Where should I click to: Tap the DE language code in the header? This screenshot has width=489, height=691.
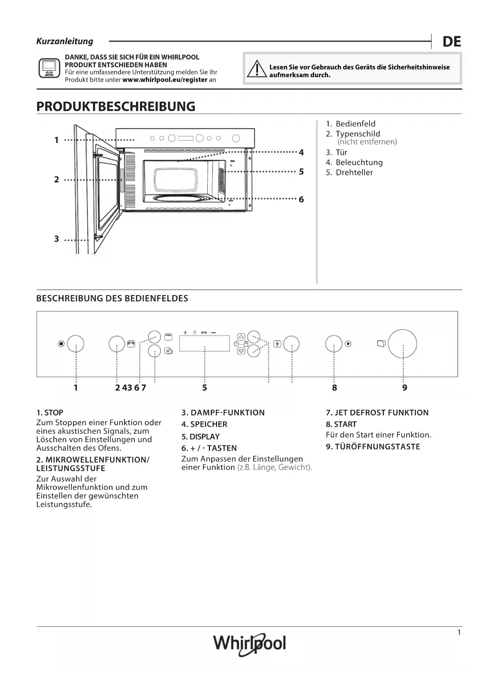pyautogui.click(x=452, y=41)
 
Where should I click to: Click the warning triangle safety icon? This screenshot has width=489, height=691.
pyautogui.click(x=257, y=69)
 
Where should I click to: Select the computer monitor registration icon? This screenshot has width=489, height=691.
pyautogui.click(x=49, y=68)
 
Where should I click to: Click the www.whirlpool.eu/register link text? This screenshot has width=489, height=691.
pyautogui.click(x=165, y=80)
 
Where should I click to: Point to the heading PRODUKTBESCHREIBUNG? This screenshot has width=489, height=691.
pyautogui.click(x=116, y=106)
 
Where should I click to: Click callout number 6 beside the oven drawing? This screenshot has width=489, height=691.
pyautogui.click(x=301, y=199)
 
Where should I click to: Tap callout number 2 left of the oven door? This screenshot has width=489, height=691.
pyautogui.click(x=56, y=180)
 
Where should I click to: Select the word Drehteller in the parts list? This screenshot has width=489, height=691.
pyautogui.click(x=354, y=172)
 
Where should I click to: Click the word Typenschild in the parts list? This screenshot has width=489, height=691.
pyautogui.click(x=358, y=134)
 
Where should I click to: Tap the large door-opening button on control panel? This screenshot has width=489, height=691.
pyautogui.click(x=402, y=344)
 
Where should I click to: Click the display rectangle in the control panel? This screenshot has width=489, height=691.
pyautogui.click(x=205, y=343)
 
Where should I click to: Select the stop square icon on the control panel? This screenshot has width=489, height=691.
pyautogui.click(x=61, y=344)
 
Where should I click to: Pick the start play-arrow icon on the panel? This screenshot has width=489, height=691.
pyautogui.click(x=348, y=344)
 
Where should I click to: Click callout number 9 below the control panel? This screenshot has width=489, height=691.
pyautogui.click(x=405, y=388)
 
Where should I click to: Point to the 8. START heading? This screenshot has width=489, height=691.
pyautogui.click(x=341, y=424)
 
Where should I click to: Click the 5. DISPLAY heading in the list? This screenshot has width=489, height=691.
pyautogui.click(x=200, y=437)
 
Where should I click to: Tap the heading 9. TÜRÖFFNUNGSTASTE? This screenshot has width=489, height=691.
pyautogui.click(x=373, y=446)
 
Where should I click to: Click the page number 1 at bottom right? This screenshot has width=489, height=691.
pyautogui.click(x=459, y=633)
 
